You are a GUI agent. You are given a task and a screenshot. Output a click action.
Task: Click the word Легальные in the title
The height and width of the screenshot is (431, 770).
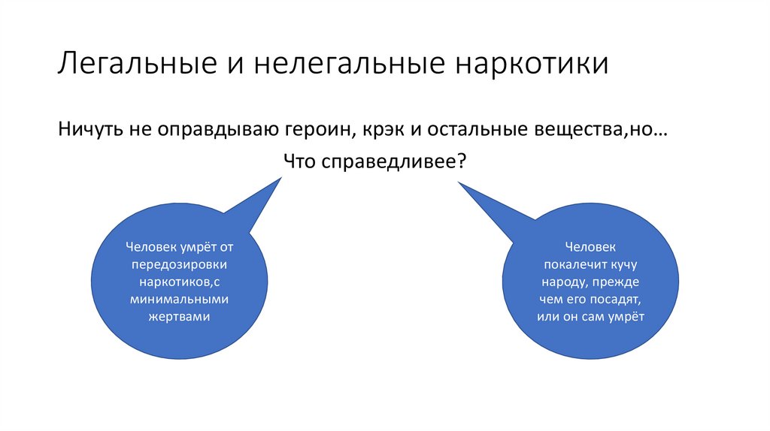click(133, 63)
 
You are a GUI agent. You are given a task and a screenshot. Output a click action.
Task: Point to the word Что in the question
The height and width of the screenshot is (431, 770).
click(302, 161)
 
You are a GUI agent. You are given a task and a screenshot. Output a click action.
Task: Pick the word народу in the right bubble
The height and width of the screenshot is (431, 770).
click(565, 282)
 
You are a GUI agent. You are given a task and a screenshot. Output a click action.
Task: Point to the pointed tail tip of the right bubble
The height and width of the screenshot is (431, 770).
click(459, 181)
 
